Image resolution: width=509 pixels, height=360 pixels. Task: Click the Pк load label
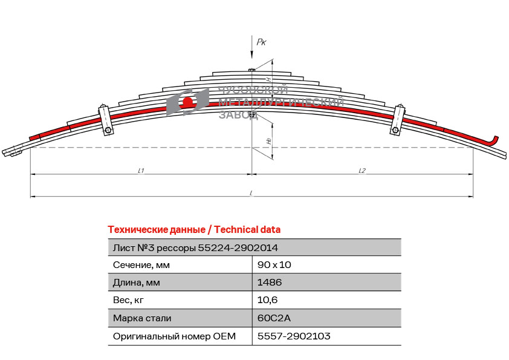point(261,42)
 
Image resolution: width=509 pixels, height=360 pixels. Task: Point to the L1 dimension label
point(140,171)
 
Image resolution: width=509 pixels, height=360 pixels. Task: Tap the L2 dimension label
point(361,171)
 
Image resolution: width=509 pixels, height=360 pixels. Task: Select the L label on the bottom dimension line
point(251,193)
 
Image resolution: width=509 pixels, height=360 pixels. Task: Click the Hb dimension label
point(268,140)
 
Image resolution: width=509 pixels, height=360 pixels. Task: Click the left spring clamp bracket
point(105,120)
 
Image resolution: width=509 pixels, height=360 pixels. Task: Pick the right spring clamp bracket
point(398,120)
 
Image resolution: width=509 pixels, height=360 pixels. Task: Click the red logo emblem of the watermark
point(187,102)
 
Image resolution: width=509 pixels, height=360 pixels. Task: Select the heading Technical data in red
point(193,229)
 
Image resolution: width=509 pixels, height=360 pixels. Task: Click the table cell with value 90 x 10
point(274,264)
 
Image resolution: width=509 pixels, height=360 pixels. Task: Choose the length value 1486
point(270,282)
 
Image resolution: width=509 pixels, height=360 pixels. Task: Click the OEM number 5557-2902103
point(294,336)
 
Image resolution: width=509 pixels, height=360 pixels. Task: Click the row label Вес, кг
point(129,299)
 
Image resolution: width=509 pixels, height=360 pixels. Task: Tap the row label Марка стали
point(142,318)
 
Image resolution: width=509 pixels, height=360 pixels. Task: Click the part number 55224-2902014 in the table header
point(238,247)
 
